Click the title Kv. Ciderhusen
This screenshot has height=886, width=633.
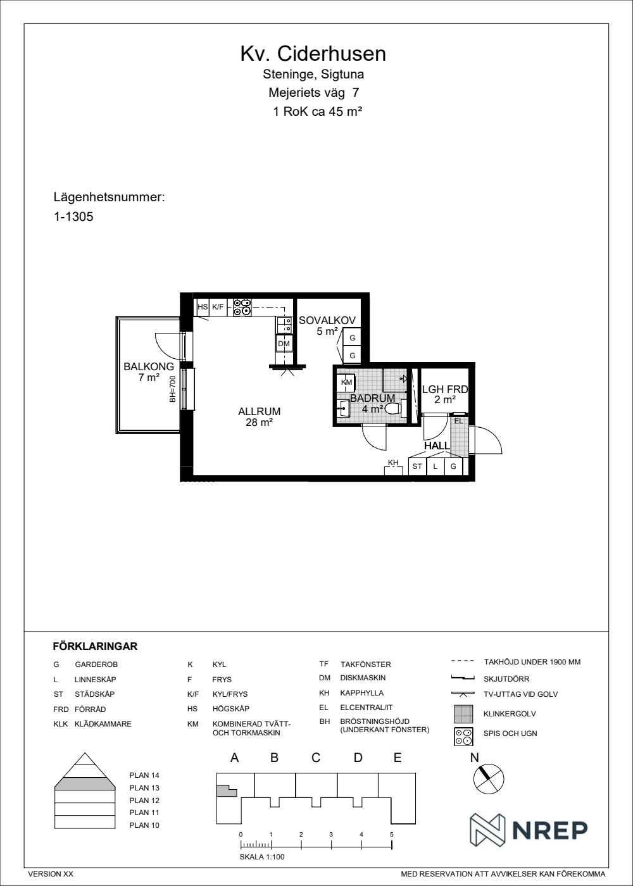pyautogui.click(x=313, y=54)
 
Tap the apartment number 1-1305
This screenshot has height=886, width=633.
pyautogui.click(x=73, y=216)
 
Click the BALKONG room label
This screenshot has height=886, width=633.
pyautogui.click(x=149, y=366)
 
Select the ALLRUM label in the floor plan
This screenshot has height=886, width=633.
pyautogui.click(x=259, y=411)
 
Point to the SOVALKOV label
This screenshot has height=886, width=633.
pyautogui.click(x=327, y=320)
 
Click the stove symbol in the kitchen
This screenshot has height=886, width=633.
pyautogui.click(x=242, y=308)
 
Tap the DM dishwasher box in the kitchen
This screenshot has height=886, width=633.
pyautogui.click(x=284, y=344)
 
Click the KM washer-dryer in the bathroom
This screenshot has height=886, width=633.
pyautogui.click(x=346, y=382)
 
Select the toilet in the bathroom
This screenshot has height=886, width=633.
pyautogui.click(x=396, y=408)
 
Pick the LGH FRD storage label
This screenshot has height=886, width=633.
pyautogui.click(x=445, y=389)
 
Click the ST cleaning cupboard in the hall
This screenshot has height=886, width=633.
pyautogui.click(x=417, y=466)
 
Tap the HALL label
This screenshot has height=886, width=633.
pyautogui.click(x=437, y=446)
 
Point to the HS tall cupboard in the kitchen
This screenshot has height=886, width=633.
pyautogui.click(x=203, y=307)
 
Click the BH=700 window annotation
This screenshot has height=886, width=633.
pyautogui.click(x=172, y=389)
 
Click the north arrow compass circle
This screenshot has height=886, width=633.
pyautogui.click(x=489, y=779)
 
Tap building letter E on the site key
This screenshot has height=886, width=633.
pyautogui.click(x=398, y=758)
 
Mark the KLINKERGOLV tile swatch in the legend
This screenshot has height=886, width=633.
pyautogui.click(x=463, y=714)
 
